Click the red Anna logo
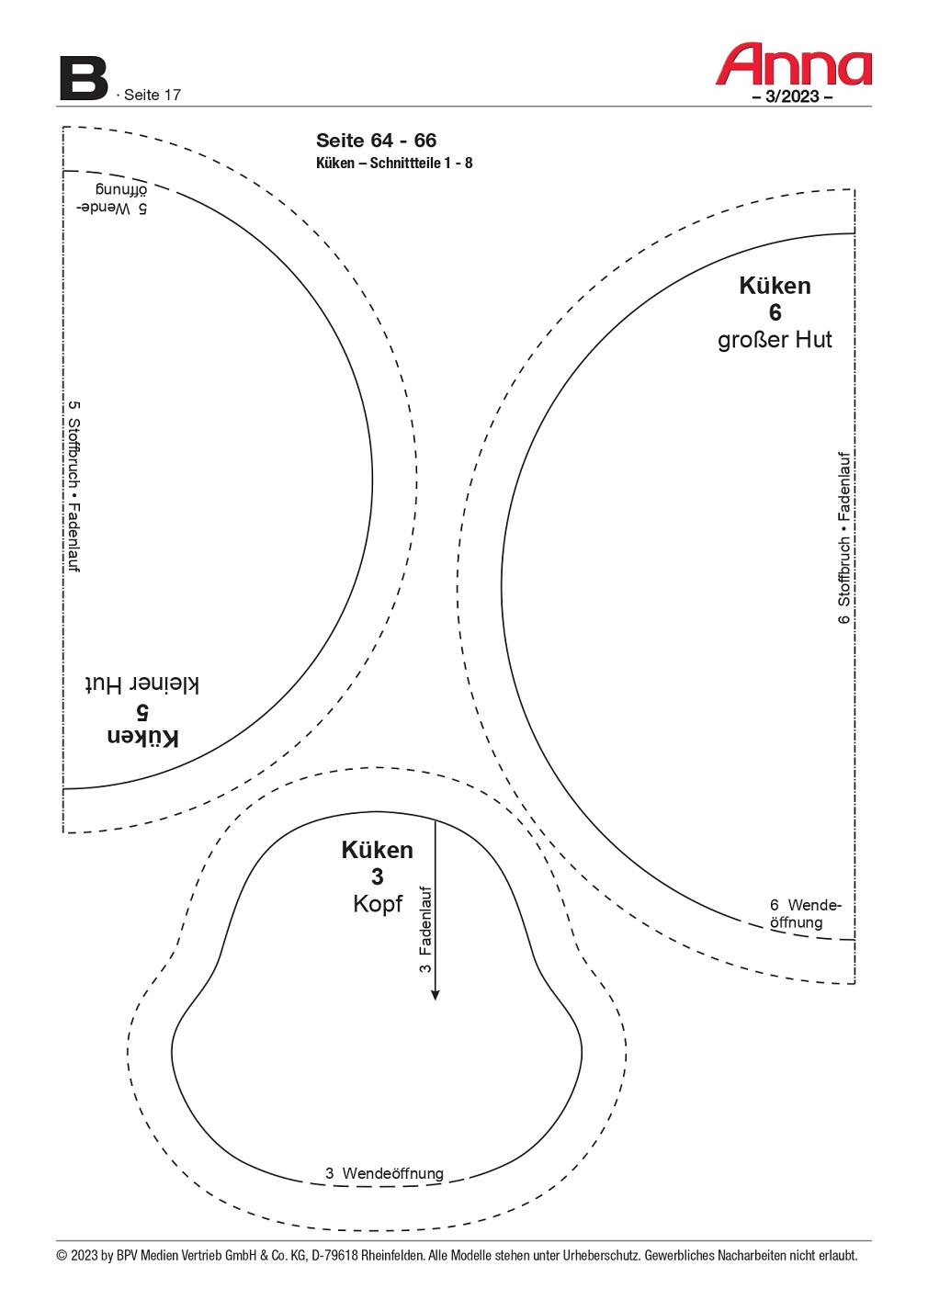coord(793,63)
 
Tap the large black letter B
coord(83,78)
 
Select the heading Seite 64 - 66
coord(376,141)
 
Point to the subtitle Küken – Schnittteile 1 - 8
coord(394,164)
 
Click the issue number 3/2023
coord(792,96)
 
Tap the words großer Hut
coord(775,340)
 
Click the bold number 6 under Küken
coord(775,312)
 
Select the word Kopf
coord(378,904)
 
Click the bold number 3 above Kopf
coord(378,876)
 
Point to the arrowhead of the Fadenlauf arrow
coord(435,995)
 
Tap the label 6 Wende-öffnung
coord(805,913)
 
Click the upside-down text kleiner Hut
coord(142,684)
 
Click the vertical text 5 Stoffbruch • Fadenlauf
coord(74,486)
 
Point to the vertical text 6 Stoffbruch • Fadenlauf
coord(843,537)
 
